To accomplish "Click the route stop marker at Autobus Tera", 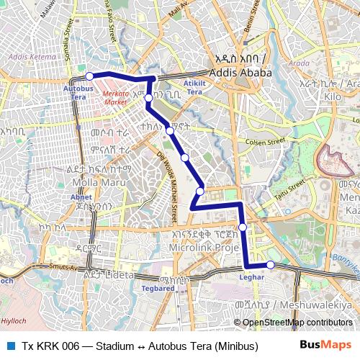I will click(89, 76).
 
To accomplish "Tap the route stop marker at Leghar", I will click(271, 264).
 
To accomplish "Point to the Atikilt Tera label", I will click(194, 86).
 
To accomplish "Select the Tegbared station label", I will click(158, 288).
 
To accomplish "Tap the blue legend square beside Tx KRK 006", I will click(10, 346).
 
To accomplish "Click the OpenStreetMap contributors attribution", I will click(297, 322).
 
